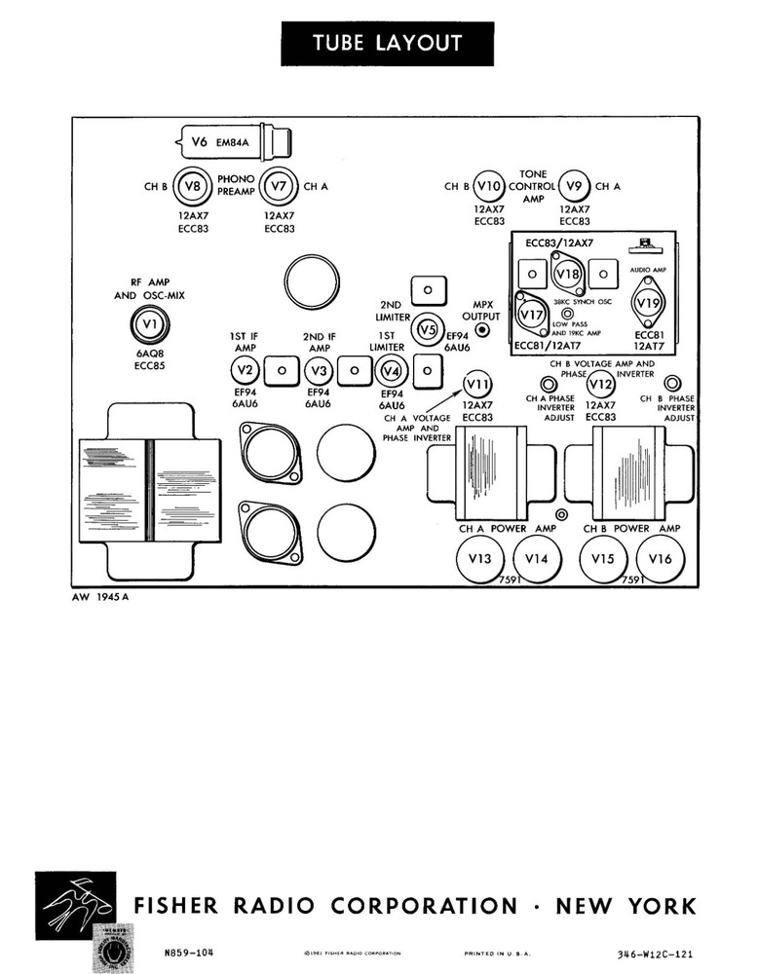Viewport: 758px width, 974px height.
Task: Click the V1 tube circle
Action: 149,323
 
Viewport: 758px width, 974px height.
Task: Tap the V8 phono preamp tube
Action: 193,185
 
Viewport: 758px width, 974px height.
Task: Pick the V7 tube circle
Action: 279,185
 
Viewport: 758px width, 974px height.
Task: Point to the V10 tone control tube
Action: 488,186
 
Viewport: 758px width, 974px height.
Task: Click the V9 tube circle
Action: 574,186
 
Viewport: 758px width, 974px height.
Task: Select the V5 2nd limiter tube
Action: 426,330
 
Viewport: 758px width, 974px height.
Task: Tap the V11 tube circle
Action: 476,383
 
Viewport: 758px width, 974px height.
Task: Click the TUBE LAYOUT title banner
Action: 387,44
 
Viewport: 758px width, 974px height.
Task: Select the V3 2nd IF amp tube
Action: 318,370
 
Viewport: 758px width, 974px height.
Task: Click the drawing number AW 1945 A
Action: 99,597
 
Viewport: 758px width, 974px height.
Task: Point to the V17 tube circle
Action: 531,315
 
